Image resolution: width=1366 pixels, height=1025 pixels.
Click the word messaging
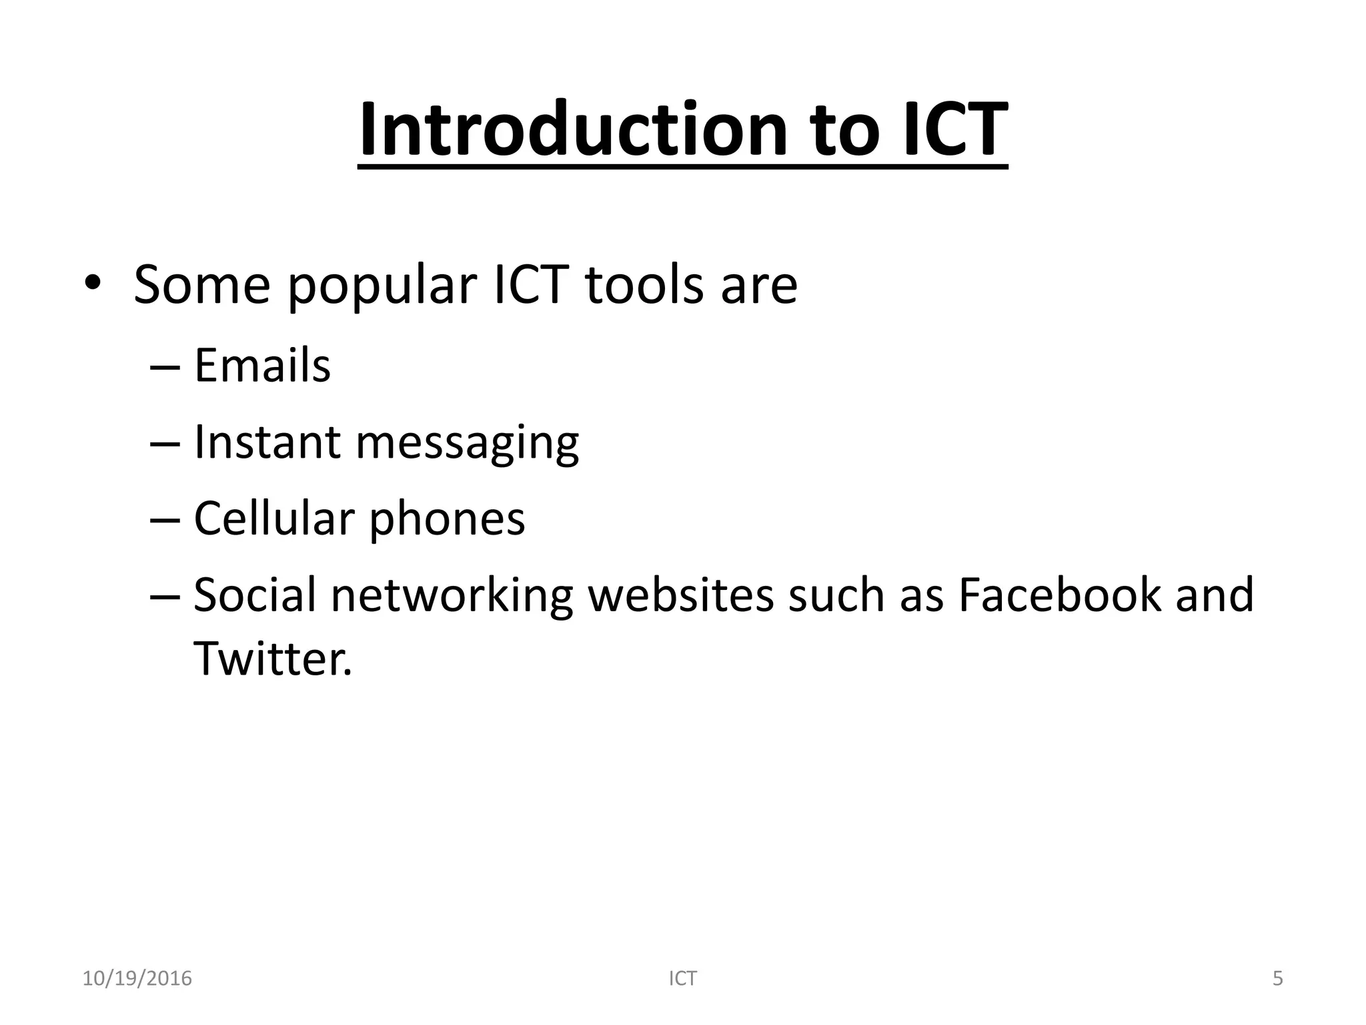pos(468,444)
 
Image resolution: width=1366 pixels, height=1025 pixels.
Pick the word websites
pos(680,595)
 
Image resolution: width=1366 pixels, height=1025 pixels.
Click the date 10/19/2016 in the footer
pos(137,978)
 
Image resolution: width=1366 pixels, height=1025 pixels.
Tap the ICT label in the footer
pos(682,978)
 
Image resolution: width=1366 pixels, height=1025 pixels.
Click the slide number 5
pos(1277,978)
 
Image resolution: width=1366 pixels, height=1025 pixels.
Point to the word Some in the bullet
pos(201,285)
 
